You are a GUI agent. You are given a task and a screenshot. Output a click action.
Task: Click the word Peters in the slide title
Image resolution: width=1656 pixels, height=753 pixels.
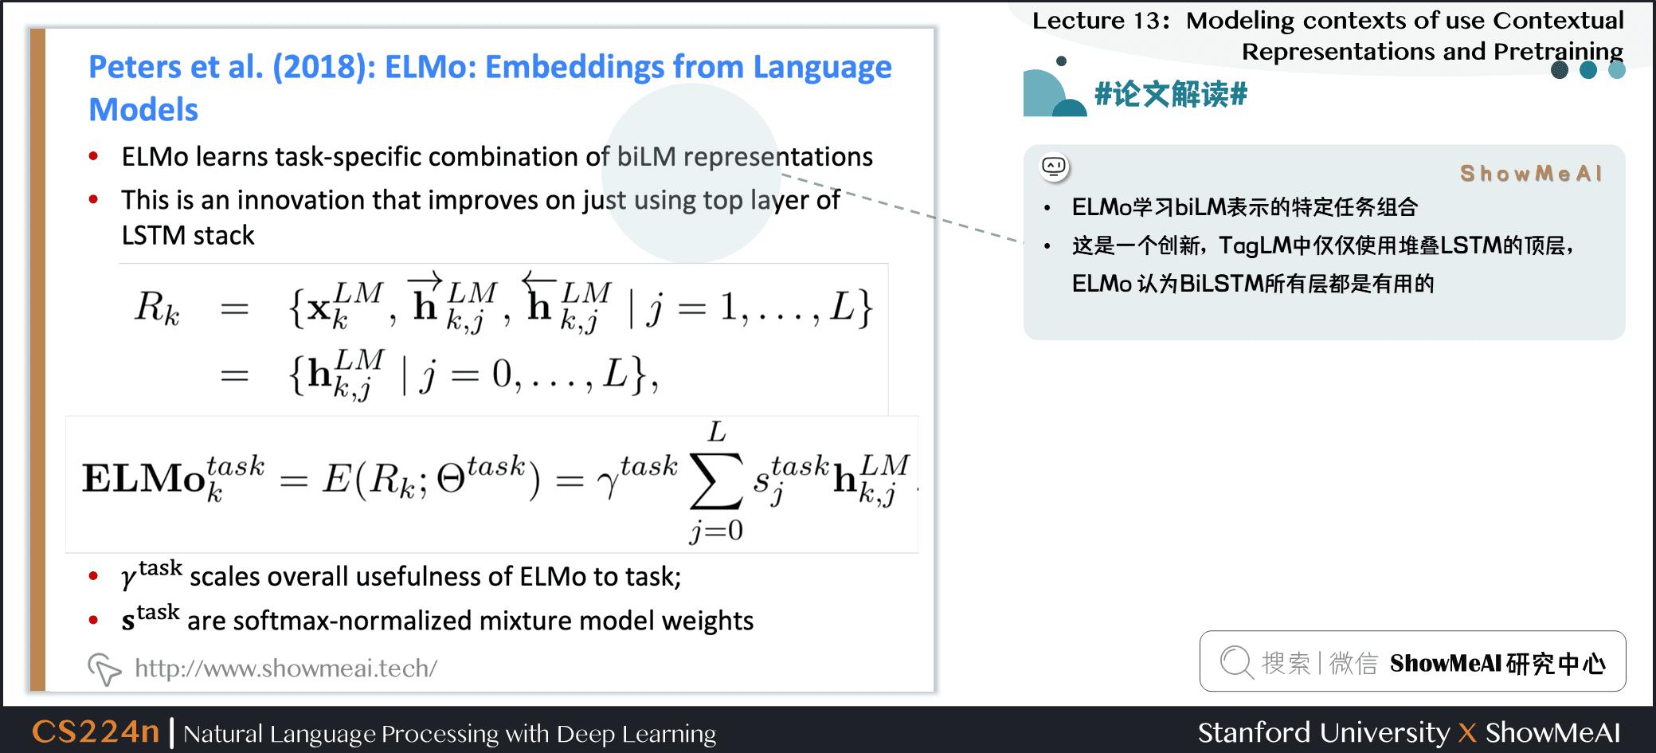click(x=132, y=67)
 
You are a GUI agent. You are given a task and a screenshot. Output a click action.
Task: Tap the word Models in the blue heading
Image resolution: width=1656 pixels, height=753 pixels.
click(x=143, y=110)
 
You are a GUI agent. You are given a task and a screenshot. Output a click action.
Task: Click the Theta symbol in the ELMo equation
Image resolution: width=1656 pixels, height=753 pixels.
click(x=451, y=480)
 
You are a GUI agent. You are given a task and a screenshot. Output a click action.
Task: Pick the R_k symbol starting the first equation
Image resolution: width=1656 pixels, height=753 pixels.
click(x=157, y=307)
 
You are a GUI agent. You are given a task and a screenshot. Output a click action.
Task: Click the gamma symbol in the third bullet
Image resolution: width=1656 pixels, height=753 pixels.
click(x=129, y=578)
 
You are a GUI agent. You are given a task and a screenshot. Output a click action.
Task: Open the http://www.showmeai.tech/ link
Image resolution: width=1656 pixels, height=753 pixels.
click(x=286, y=668)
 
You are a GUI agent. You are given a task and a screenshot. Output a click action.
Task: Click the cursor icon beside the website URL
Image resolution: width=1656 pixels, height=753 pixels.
click(x=104, y=669)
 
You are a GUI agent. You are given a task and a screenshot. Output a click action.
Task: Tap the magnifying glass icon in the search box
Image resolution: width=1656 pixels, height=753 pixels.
click(x=1237, y=662)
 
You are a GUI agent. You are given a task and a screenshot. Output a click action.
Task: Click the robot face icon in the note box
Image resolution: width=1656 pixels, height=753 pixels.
click(x=1055, y=167)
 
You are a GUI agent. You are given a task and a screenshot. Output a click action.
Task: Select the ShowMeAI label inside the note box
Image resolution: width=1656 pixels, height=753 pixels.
click(x=1531, y=174)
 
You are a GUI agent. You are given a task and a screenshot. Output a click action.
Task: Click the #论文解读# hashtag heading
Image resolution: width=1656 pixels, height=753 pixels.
click(x=1171, y=94)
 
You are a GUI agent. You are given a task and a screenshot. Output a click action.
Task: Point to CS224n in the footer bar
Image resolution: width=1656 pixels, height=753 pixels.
click(x=96, y=731)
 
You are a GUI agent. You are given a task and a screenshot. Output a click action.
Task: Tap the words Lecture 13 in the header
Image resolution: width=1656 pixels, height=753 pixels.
click(x=1097, y=21)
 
